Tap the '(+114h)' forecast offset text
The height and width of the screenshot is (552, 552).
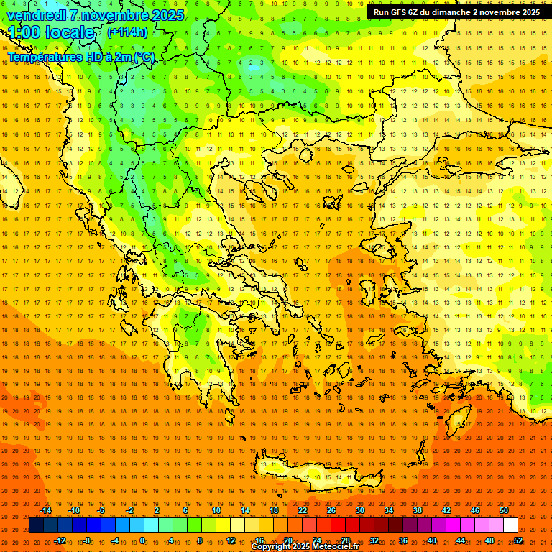click(127, 32)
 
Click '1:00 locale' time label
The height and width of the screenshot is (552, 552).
click(51, 32)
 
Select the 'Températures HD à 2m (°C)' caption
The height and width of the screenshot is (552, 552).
click(81, 57)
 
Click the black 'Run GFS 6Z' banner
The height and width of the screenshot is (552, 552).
click(456, 12)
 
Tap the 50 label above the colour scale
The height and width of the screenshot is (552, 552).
click(504, 510)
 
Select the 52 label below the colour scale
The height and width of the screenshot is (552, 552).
click(518, 540)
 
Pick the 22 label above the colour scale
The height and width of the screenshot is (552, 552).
click(303, 510)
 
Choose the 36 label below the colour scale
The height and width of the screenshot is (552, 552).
click(403, 540)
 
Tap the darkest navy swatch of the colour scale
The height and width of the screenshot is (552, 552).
click(36, 525)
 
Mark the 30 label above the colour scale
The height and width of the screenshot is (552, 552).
click(360, 510)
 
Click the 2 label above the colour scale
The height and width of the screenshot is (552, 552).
click(157, 510)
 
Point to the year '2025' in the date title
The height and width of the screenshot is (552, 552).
click(163, 15)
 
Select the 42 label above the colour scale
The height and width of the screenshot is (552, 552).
click(446, 510)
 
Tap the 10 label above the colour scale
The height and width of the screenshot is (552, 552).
click(216, 510)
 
